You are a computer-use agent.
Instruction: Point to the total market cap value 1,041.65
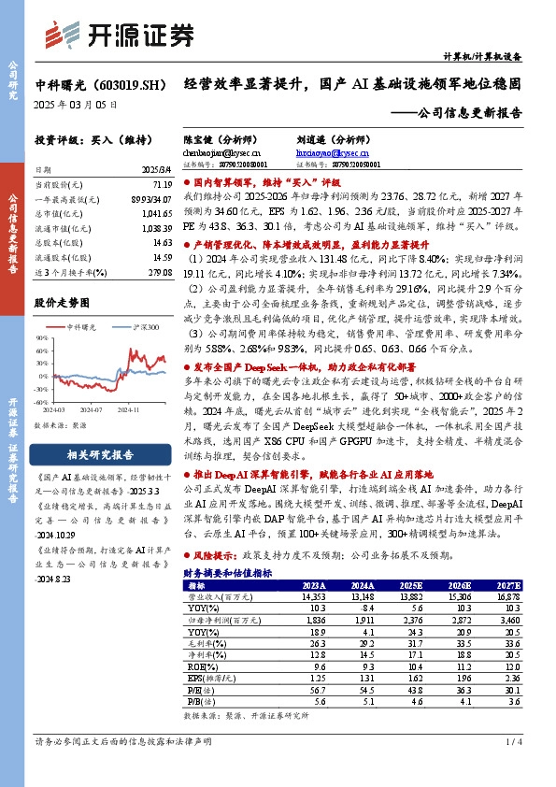pos(148,213)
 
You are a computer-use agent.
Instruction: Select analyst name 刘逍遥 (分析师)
pos(328,137)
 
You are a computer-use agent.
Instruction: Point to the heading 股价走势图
pos(62,303)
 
